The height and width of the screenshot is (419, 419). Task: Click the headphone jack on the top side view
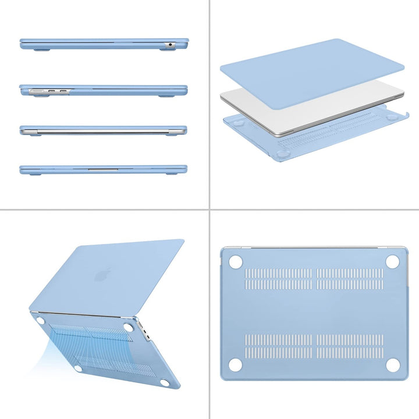pos(171,44)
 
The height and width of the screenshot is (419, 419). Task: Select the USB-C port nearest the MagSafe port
pos(51,91)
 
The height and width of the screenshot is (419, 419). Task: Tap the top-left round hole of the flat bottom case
pos(236,262)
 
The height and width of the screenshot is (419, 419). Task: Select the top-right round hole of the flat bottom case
pos(393,262)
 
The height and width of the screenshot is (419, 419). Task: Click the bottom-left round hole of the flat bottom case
pos(236,365)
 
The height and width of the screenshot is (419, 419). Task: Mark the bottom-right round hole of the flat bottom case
pos(393,365)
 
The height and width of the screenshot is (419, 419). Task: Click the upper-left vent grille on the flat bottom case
pos(279,279)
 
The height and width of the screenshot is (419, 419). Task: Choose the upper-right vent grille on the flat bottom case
pos(350,279)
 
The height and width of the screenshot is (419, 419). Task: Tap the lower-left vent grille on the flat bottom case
pos(279,346)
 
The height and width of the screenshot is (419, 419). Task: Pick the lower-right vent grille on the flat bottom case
pos(350,346)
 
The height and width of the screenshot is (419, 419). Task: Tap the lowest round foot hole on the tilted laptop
pos(164,382)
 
